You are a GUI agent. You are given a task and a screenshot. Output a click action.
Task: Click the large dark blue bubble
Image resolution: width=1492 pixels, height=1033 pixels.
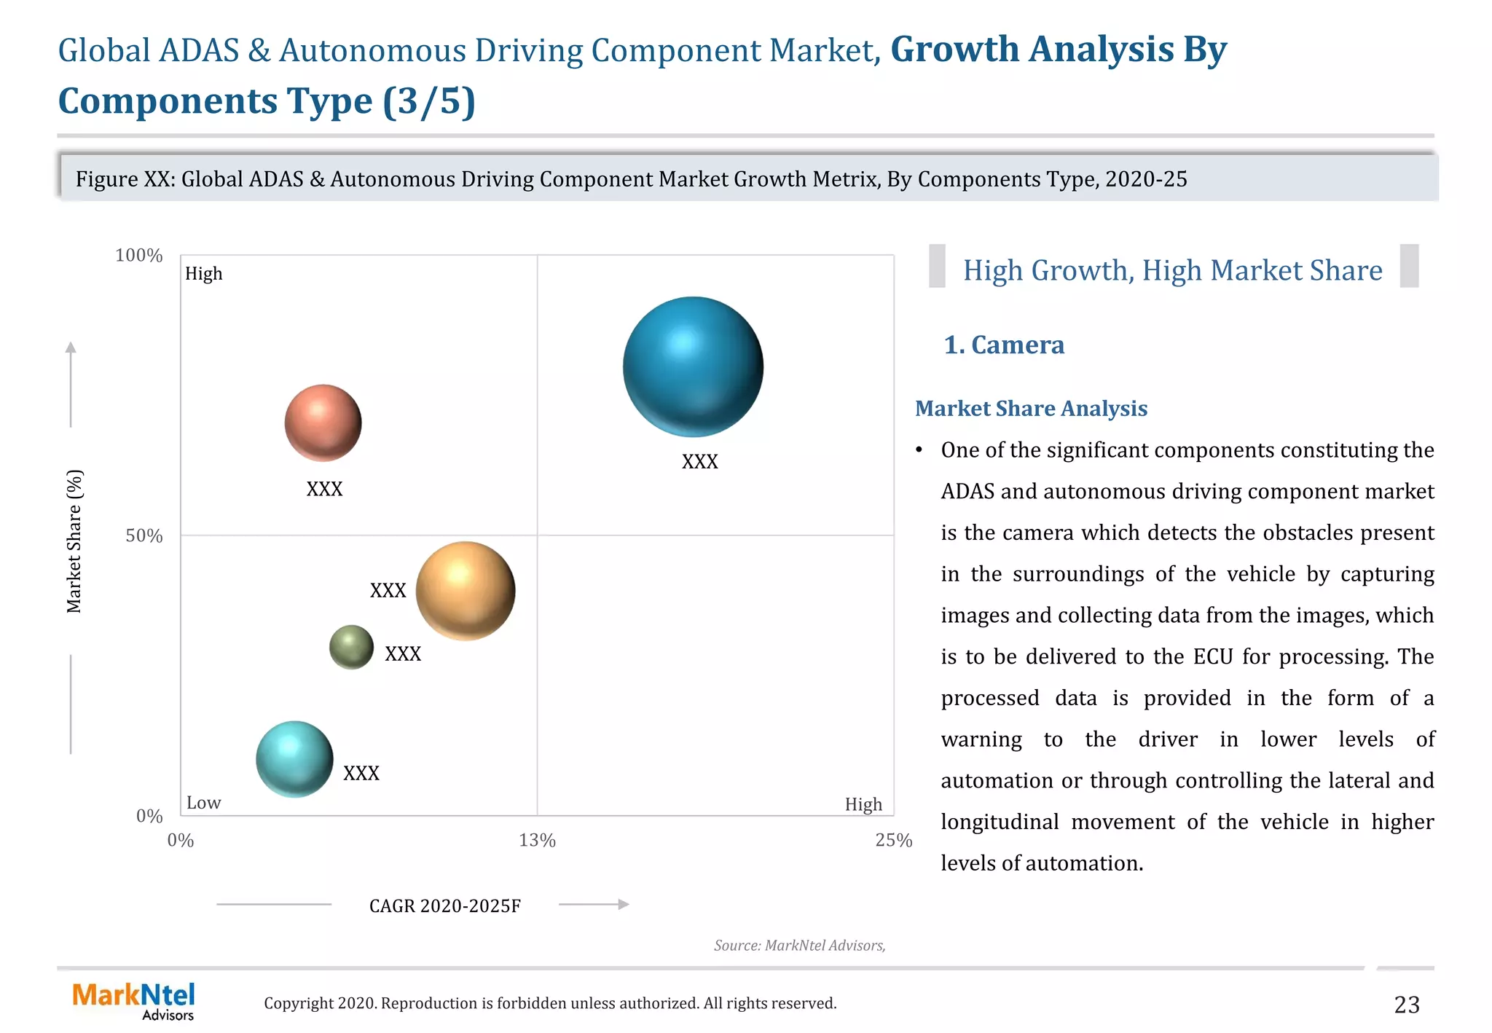693,366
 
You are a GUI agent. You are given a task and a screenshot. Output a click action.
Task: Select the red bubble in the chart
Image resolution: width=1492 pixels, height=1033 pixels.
323,423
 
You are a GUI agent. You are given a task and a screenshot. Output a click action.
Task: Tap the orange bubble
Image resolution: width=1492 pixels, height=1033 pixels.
465,591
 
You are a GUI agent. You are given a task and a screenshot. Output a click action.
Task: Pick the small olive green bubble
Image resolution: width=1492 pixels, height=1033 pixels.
351,647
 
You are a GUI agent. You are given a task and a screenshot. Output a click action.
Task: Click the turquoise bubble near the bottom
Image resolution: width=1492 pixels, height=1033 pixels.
294,759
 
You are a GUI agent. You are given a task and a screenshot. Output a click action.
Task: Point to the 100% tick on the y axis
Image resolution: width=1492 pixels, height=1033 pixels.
138,256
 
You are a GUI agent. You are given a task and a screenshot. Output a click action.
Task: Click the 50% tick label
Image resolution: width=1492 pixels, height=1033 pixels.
144,536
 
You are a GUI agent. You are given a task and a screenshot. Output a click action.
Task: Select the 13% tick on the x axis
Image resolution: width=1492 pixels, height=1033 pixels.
537,841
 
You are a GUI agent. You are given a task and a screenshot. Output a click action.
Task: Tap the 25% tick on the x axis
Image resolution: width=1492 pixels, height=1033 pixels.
893,841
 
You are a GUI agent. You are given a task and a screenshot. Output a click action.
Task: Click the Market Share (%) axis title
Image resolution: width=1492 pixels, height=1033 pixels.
74,541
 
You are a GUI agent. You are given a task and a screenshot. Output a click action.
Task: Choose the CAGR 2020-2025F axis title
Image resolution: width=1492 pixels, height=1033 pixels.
444,906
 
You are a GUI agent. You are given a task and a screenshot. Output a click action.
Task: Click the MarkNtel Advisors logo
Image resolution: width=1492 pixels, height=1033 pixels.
134,1001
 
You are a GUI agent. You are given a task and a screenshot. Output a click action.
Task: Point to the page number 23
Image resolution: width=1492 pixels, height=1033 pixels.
1406,1005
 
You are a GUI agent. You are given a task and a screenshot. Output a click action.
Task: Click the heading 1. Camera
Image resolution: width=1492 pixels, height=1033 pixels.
1003,345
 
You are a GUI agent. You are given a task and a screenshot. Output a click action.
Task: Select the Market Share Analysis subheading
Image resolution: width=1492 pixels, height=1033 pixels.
1030,409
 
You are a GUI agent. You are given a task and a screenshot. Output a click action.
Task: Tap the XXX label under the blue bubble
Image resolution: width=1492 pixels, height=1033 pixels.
699,462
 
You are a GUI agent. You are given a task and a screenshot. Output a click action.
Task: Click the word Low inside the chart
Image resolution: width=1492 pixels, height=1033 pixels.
203,803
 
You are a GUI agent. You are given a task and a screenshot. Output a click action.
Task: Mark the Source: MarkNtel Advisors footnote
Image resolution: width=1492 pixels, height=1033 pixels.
799,946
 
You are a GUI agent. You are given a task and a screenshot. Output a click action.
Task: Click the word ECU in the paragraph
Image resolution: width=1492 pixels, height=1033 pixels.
1212,657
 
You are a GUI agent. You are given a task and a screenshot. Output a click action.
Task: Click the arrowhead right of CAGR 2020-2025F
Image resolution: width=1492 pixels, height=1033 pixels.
623,905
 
